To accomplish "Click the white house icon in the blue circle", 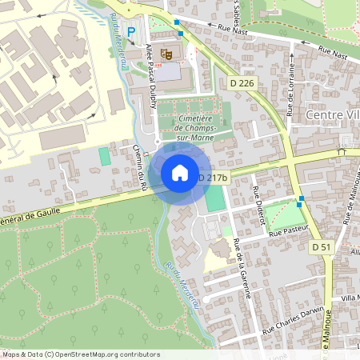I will [180, 173].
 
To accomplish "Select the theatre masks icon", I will [166, 54].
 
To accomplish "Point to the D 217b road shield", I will [213, 178].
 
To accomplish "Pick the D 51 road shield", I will [322, 248].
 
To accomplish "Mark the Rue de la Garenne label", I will [242, 268].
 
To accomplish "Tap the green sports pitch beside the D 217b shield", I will [214, 199].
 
